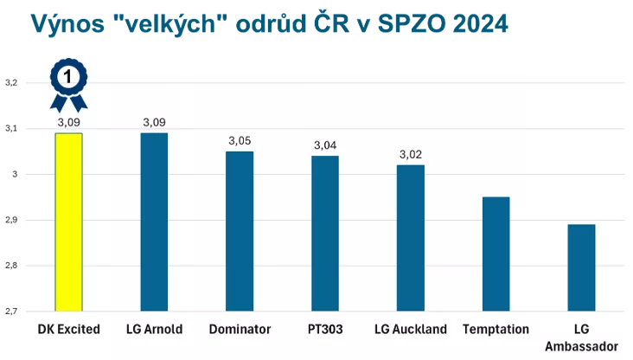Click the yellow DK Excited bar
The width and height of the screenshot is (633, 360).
point(68,222)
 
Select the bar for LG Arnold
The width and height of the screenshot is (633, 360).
point(154,222)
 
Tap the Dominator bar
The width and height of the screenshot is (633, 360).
point(240,231)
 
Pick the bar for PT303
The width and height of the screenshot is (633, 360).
point(325,233)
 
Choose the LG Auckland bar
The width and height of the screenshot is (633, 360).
point(411,237)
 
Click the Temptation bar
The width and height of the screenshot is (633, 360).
point(496,254)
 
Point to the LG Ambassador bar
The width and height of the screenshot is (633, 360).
point(582,267)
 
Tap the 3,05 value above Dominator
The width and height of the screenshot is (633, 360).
point(240,140)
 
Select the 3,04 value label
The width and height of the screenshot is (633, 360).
point(325,145)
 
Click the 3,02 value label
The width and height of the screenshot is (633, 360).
point(411,154)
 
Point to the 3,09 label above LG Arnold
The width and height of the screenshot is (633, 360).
point(154,122)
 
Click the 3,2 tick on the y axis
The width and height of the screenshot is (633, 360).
point(11,83)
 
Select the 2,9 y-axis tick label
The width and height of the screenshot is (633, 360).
point(11,220)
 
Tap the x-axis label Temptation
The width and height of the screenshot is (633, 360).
point(496,329)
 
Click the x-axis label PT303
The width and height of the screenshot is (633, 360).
point(325,329)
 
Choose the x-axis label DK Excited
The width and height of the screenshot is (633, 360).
point(68,329)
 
